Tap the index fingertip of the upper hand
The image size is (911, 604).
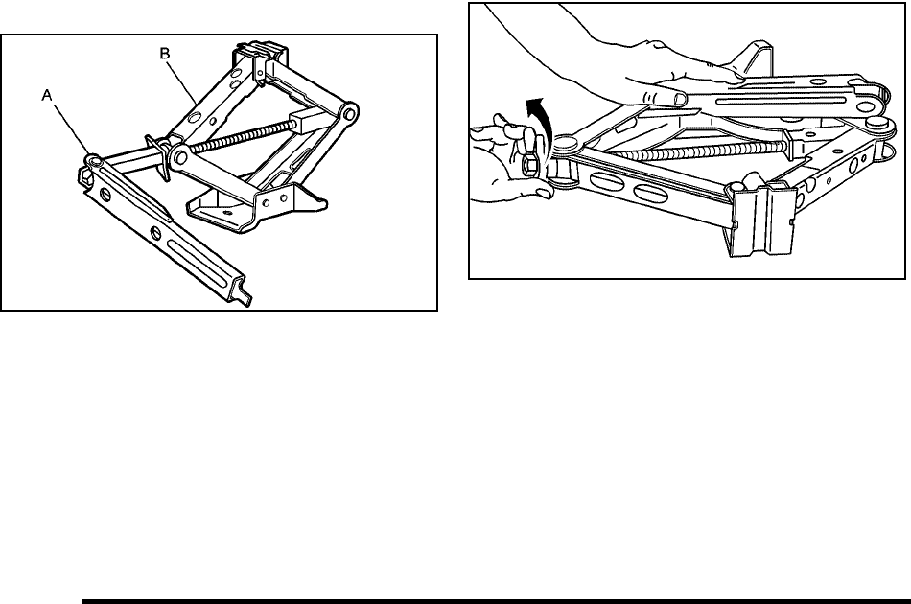pyautogui.click(x=676, y=98)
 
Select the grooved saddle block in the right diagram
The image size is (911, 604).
pyautogui.click(x=763, y=220)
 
